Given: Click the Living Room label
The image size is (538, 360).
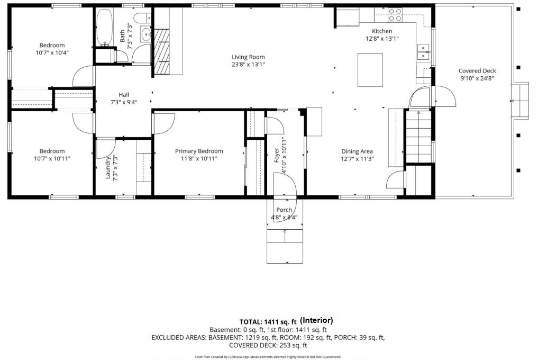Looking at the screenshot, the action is [248, 57].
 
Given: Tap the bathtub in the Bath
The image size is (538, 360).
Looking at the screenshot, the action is [104, 27].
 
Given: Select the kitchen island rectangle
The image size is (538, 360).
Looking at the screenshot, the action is [370, 70].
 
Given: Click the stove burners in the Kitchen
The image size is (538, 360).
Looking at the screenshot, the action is [395, 15].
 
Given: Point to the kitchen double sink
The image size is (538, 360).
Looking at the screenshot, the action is [424, 52].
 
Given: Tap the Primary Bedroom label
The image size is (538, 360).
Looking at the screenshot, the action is [199, 151].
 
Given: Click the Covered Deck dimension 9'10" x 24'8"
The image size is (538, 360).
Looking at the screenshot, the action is [477, 78].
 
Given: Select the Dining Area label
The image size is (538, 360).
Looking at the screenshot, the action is [357, 151].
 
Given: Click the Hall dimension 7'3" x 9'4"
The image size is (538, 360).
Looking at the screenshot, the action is [124, 102].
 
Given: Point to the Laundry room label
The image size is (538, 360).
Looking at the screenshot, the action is [107, 168].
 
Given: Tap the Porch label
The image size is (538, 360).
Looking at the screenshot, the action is [284, 210].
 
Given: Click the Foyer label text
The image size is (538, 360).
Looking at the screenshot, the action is [277, 155].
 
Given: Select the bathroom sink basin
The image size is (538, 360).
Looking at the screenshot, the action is [147, 35].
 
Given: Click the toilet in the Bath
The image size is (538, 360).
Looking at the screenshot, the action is [142, 17].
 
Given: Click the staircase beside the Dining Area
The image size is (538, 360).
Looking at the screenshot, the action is [418, 137].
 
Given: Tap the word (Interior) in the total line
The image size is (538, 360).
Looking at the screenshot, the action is [316, 320].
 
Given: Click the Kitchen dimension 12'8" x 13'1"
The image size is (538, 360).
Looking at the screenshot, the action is [382, 39].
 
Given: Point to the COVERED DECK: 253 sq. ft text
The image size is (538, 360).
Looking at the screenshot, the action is [268, 345].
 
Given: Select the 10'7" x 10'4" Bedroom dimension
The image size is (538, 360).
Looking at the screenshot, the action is [52, 53].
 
